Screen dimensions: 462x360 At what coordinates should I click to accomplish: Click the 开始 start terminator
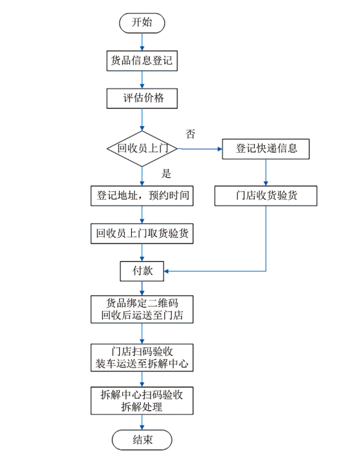click(141, 22)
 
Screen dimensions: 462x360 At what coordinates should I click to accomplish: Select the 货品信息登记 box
click(141, 61)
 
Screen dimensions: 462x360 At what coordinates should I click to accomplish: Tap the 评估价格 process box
click(141, 99)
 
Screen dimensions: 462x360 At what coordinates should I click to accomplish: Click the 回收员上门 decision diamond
click(141, 149)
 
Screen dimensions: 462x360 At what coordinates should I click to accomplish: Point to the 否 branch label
click(190, 134)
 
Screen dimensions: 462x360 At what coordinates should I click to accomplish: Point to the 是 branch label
click(167, 174)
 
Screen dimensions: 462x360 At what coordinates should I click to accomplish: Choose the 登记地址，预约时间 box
click(141, 196)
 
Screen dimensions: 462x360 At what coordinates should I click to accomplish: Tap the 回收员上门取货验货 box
click(141, 233)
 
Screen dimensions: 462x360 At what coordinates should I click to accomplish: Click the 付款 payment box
click(141, 271)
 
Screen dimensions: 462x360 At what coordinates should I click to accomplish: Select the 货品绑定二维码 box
click(141, 309)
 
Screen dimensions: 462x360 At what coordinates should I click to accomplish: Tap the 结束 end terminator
click(141, 440)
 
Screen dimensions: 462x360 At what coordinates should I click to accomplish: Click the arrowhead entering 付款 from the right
click(167, 271)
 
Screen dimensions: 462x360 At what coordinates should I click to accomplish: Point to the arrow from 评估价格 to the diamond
click(141, 120)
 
